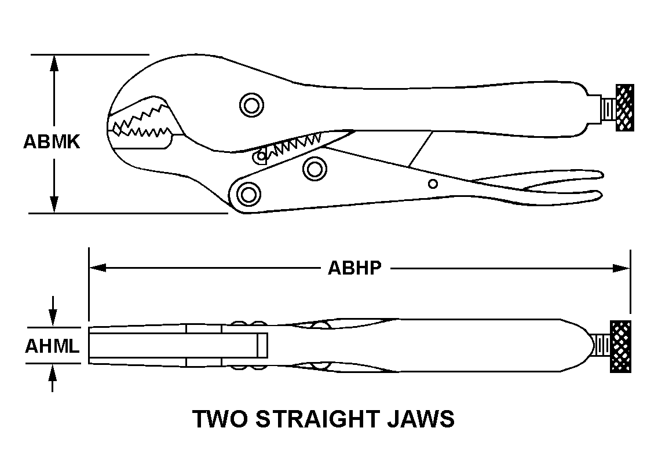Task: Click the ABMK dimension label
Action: click(52, 142)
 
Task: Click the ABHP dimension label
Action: click(354, 268)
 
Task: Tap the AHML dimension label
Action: click(52, 346)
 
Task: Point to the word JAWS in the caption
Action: click(421, 419)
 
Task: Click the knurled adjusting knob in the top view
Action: click(624, 108)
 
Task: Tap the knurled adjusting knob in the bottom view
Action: click(620, 347)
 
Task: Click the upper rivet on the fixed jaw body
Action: click(251, 105)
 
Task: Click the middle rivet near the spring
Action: click(315, 169)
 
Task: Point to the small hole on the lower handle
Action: click(433, 184)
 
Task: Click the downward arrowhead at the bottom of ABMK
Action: click(54, 204)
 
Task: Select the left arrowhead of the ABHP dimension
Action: click(97, 268)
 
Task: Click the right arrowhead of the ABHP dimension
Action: click(622, 268)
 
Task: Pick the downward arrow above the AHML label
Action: click(53, 312)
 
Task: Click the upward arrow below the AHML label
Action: click(53, 378)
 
